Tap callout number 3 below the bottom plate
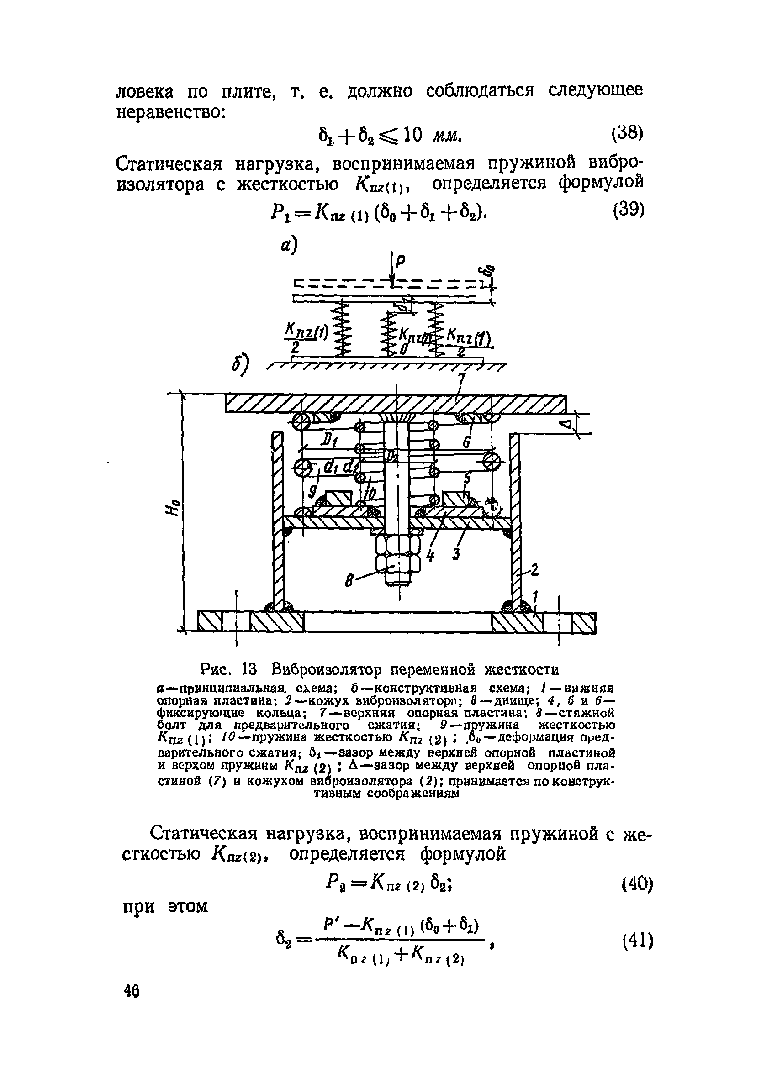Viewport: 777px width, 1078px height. (x=456, y=554)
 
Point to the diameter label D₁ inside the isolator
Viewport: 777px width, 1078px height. (x=328, y=442)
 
